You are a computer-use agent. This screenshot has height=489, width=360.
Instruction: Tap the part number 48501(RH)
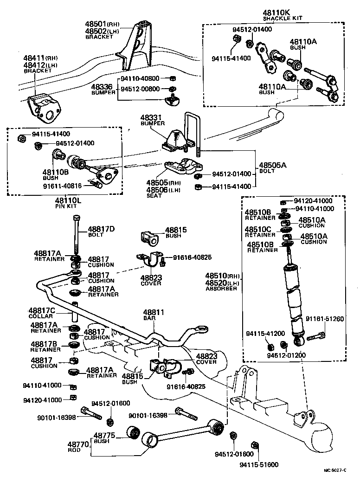coord(101,24)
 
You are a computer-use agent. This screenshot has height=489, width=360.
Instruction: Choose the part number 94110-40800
coord(141,79)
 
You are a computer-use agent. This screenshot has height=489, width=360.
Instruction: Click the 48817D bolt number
coord(100,229)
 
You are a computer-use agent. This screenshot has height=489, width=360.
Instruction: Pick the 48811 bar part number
coord(154,312)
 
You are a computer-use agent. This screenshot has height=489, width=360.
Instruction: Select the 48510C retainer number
coord(259,229)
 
